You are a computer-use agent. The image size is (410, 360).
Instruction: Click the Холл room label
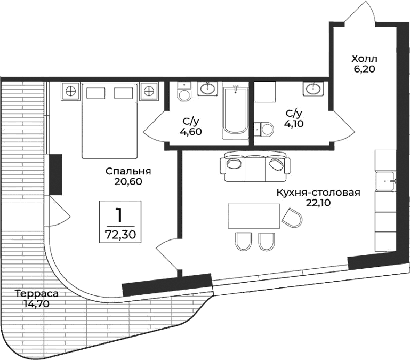pyautogui.click(x=364, y=59)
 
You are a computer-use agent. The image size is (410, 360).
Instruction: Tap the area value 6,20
pyautogui.click(x=364, y=69)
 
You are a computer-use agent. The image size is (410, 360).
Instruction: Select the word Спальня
pyautogui.click(x=128, y=171)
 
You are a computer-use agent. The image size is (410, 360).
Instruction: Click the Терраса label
pyautogui.click(x=36, y=294)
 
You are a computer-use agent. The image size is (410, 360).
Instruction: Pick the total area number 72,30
pyautogui.click(x=120, y=234)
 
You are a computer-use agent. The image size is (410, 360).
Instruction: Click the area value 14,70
pyautogui.click(x=36, y=304)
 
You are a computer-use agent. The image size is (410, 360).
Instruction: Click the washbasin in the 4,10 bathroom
pyautogui.click(x=312, y=89)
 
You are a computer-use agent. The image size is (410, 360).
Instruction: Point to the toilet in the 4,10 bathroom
pyautogui.click(x=264, y=128)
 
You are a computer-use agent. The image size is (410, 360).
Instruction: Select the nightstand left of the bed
pyautogui.click(x=70, y=91)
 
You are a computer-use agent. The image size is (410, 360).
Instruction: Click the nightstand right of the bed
pyautogui.click(x=149, y=91)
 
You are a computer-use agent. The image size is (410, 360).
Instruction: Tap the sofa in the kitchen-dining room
pyautogui.click(x=255, y=166)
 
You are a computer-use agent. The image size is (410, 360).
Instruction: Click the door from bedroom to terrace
pyautogui.click(x=59, y=212)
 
